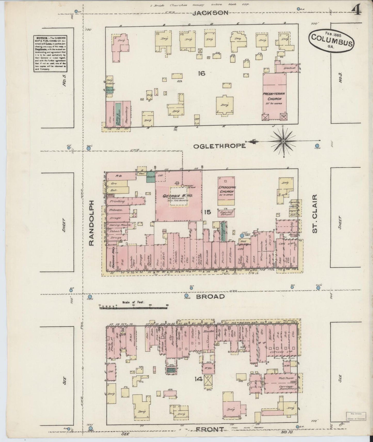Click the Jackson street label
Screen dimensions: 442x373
(210, 13)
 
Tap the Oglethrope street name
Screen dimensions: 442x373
(219, 146)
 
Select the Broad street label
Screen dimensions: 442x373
(210, 297)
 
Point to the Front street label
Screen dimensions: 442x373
(210, 429)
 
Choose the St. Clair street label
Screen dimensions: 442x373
(314, 214)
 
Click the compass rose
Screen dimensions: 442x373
(283, 141)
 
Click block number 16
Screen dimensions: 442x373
(201, 73)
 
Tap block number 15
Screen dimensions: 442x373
(207, 212)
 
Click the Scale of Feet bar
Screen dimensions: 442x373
(134, 307)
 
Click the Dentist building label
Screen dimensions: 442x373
(287, 68)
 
